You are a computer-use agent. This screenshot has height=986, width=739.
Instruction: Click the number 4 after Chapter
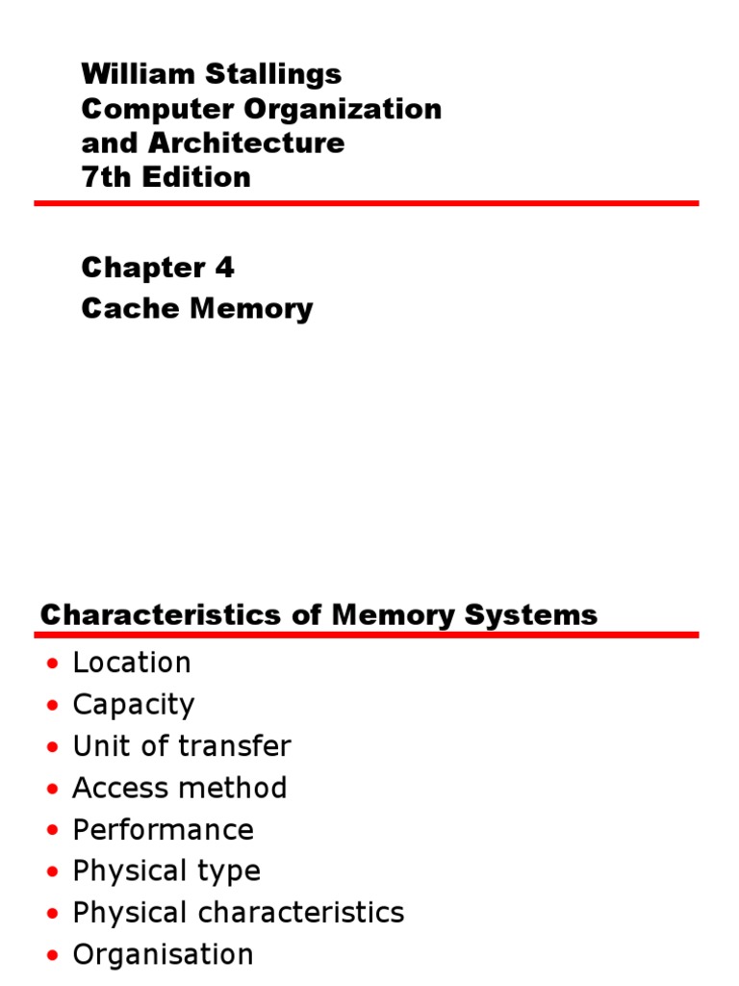[224, 268]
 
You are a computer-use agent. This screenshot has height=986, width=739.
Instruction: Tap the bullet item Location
[132, 663]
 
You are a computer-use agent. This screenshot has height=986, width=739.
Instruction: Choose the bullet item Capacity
[134, 705]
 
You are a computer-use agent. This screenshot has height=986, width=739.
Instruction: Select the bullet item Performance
[163, 830]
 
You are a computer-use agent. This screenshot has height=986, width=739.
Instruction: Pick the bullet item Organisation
[163, 954]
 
